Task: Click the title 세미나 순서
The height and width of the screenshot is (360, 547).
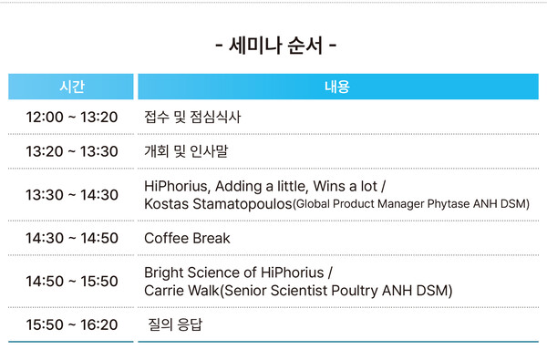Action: (273, 45)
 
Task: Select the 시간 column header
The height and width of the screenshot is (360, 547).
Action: (72, 87)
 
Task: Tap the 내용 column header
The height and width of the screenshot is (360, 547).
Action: (337, 87)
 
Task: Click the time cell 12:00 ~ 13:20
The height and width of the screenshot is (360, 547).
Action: (72, 118)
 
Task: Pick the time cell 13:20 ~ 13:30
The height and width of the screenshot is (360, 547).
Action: (72, 151)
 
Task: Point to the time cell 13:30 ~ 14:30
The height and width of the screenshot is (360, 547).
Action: (72, 195)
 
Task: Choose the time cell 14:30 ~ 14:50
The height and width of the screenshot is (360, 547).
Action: (72, 238)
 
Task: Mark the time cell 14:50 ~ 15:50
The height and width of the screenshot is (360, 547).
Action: (72, 282)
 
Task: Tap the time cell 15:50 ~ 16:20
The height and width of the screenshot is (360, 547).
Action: (72, 324)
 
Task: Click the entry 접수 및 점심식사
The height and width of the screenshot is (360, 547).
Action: (193, 118)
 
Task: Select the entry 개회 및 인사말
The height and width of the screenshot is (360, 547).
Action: (186, 151)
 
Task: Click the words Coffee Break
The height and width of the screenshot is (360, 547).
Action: (187, 238)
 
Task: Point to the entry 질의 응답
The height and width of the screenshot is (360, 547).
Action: (175, 324)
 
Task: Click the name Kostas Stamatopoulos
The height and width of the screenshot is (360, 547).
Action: (218, 204)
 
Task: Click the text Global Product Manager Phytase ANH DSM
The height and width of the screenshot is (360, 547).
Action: (412, 205)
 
